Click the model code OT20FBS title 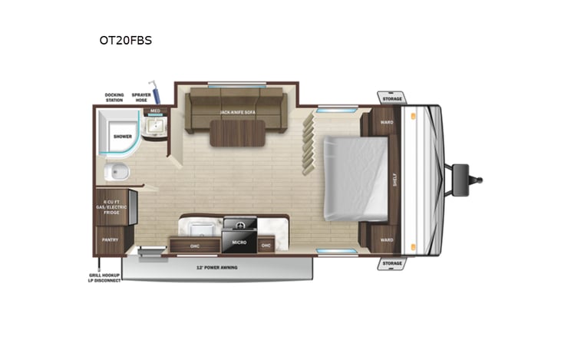[x=125, y=41]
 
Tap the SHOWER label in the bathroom [x=123, y=136]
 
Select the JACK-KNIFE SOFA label [x=238, y=113]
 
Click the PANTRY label [x=110, y=239]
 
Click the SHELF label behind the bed [x=394, y=179]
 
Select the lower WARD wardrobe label [x=387, y=239]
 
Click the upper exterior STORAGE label [x=391, y=98]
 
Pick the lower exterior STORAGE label [x=391, y=263]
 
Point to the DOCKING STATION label [x=114, y=97]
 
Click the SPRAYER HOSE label [x=140, y=97]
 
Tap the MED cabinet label [x=154, y=111]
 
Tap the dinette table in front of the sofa [x=237, y=132]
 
